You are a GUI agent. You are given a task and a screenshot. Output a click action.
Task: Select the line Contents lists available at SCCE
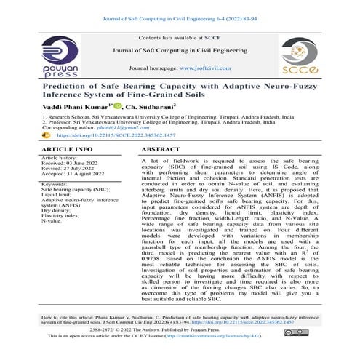coord(179,36)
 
